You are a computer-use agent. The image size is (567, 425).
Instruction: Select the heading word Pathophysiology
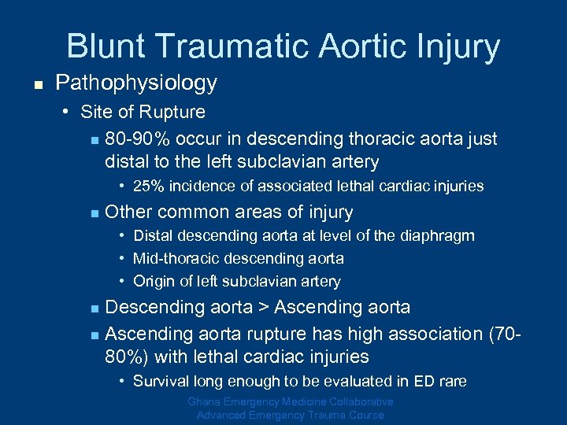pyautogui.click(x=136, y=83)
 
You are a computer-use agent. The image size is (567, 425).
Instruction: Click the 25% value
pyautogui.click(x=148, y=187)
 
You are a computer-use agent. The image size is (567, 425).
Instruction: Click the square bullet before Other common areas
pyautogui.click(x=93, y=213)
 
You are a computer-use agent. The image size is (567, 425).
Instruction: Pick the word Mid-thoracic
pyautogui.click(x=173, y=258)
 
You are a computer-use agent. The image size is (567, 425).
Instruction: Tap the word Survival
pyautogui.click(x=161, y=381)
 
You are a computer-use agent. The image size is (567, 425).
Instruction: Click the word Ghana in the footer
pyautogui.click(x=206, y=402)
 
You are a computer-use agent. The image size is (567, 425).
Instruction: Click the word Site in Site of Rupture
pyautogui.click(x=98, y=112)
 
